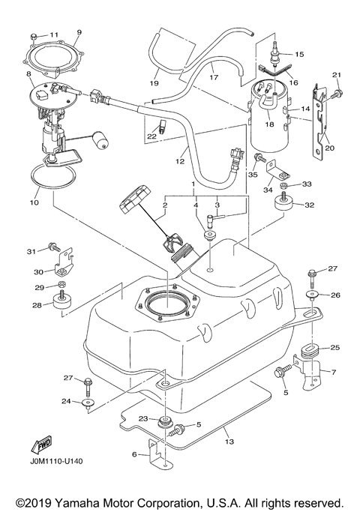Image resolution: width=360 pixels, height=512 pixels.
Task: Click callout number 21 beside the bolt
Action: [x=337, y=74]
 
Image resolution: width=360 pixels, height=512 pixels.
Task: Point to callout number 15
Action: [x=300, y=55]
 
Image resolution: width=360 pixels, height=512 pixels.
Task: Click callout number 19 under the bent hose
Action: [x=154, y=82]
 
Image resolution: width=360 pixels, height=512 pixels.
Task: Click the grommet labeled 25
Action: [x=310, y=352]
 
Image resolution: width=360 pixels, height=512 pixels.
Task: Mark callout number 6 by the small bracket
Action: [x=134, y=454]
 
